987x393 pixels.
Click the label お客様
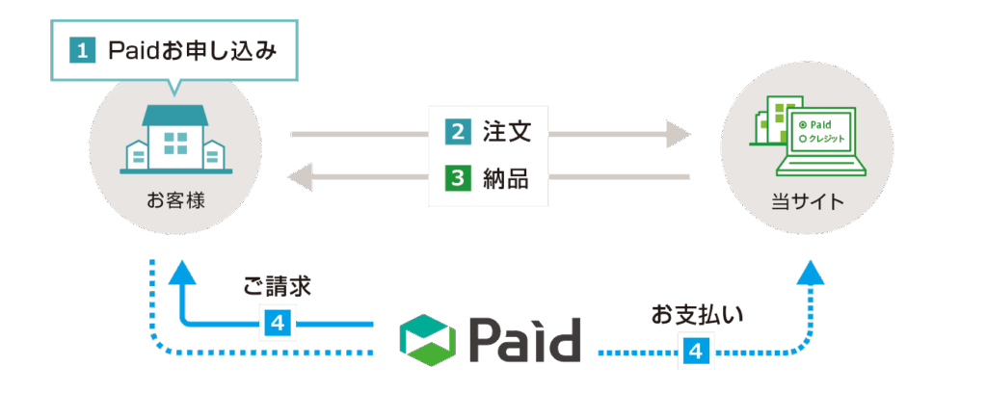pyautogui.click(x=175, y=202)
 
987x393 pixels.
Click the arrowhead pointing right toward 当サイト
pyautogui.click(x=680, y=134)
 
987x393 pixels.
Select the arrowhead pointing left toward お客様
pyautogui.click(x=302, y=177)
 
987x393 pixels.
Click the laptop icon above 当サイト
pyautogui.click(x=819, y=144)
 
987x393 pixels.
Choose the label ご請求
pyautogui.click(x=277, y=287)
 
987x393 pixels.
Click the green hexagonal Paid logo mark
pyautogui.click(x=425, y=338)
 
